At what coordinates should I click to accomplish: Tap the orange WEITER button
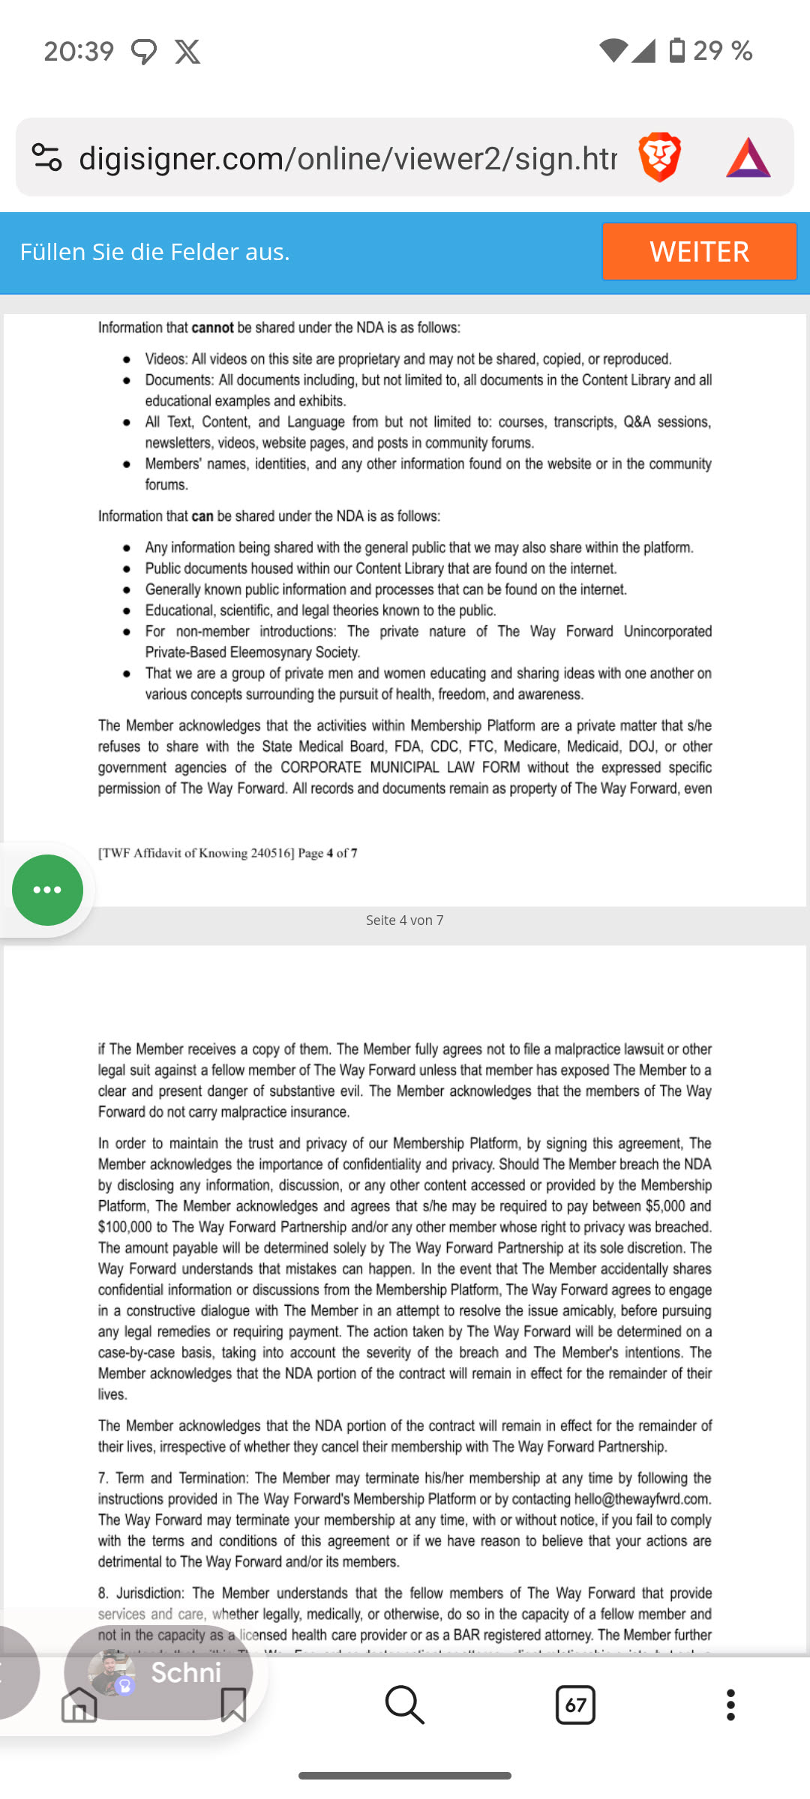698,251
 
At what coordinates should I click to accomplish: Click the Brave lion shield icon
659,157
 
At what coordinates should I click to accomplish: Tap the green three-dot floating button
47,890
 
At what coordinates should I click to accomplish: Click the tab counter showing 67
575,1705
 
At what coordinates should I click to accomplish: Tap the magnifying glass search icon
404,1705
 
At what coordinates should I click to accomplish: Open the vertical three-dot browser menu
730,1705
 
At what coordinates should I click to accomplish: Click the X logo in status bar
187,52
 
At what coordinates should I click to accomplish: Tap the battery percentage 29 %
722,51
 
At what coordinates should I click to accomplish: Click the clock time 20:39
79,52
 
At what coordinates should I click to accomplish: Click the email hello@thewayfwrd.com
642,1499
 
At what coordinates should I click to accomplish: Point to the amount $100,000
124,1227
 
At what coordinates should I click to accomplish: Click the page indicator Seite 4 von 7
404,920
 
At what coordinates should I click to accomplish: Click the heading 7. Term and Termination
173,1478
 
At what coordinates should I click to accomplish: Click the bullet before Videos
127,360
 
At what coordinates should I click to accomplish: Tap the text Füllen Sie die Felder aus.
154,252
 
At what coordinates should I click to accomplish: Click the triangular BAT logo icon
748,157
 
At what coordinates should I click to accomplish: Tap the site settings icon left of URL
46,157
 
